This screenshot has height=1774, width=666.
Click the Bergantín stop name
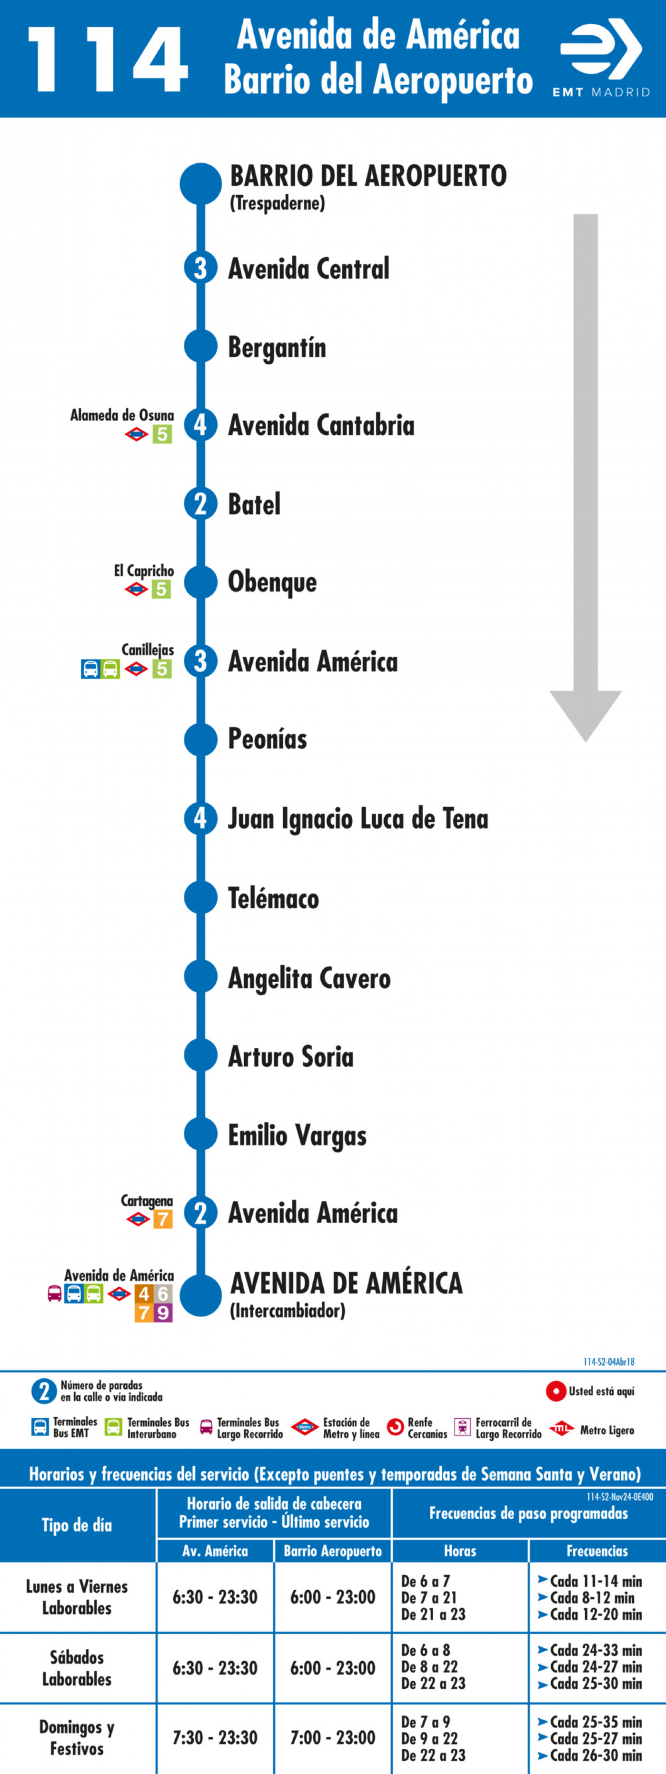pos(277,348)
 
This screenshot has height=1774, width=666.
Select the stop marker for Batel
pos(200,503)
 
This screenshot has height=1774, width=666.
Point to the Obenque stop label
pos(272,582)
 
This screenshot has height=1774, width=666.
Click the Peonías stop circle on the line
pos(200,739)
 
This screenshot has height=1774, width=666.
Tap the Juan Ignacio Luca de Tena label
pos(358,818)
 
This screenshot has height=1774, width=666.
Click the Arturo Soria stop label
pos(291,1056)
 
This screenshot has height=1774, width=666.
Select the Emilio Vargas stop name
pos(297,1136)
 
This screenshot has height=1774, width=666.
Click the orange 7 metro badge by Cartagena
pos(162,1219)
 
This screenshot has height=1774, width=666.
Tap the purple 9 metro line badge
pos(162,1313)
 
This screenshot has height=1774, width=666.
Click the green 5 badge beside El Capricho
pos(161,589)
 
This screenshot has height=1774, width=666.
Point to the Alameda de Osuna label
pos(122,415)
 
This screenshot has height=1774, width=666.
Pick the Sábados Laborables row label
pos(77,1668)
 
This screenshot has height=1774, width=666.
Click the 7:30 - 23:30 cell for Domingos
pos(215,1737)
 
